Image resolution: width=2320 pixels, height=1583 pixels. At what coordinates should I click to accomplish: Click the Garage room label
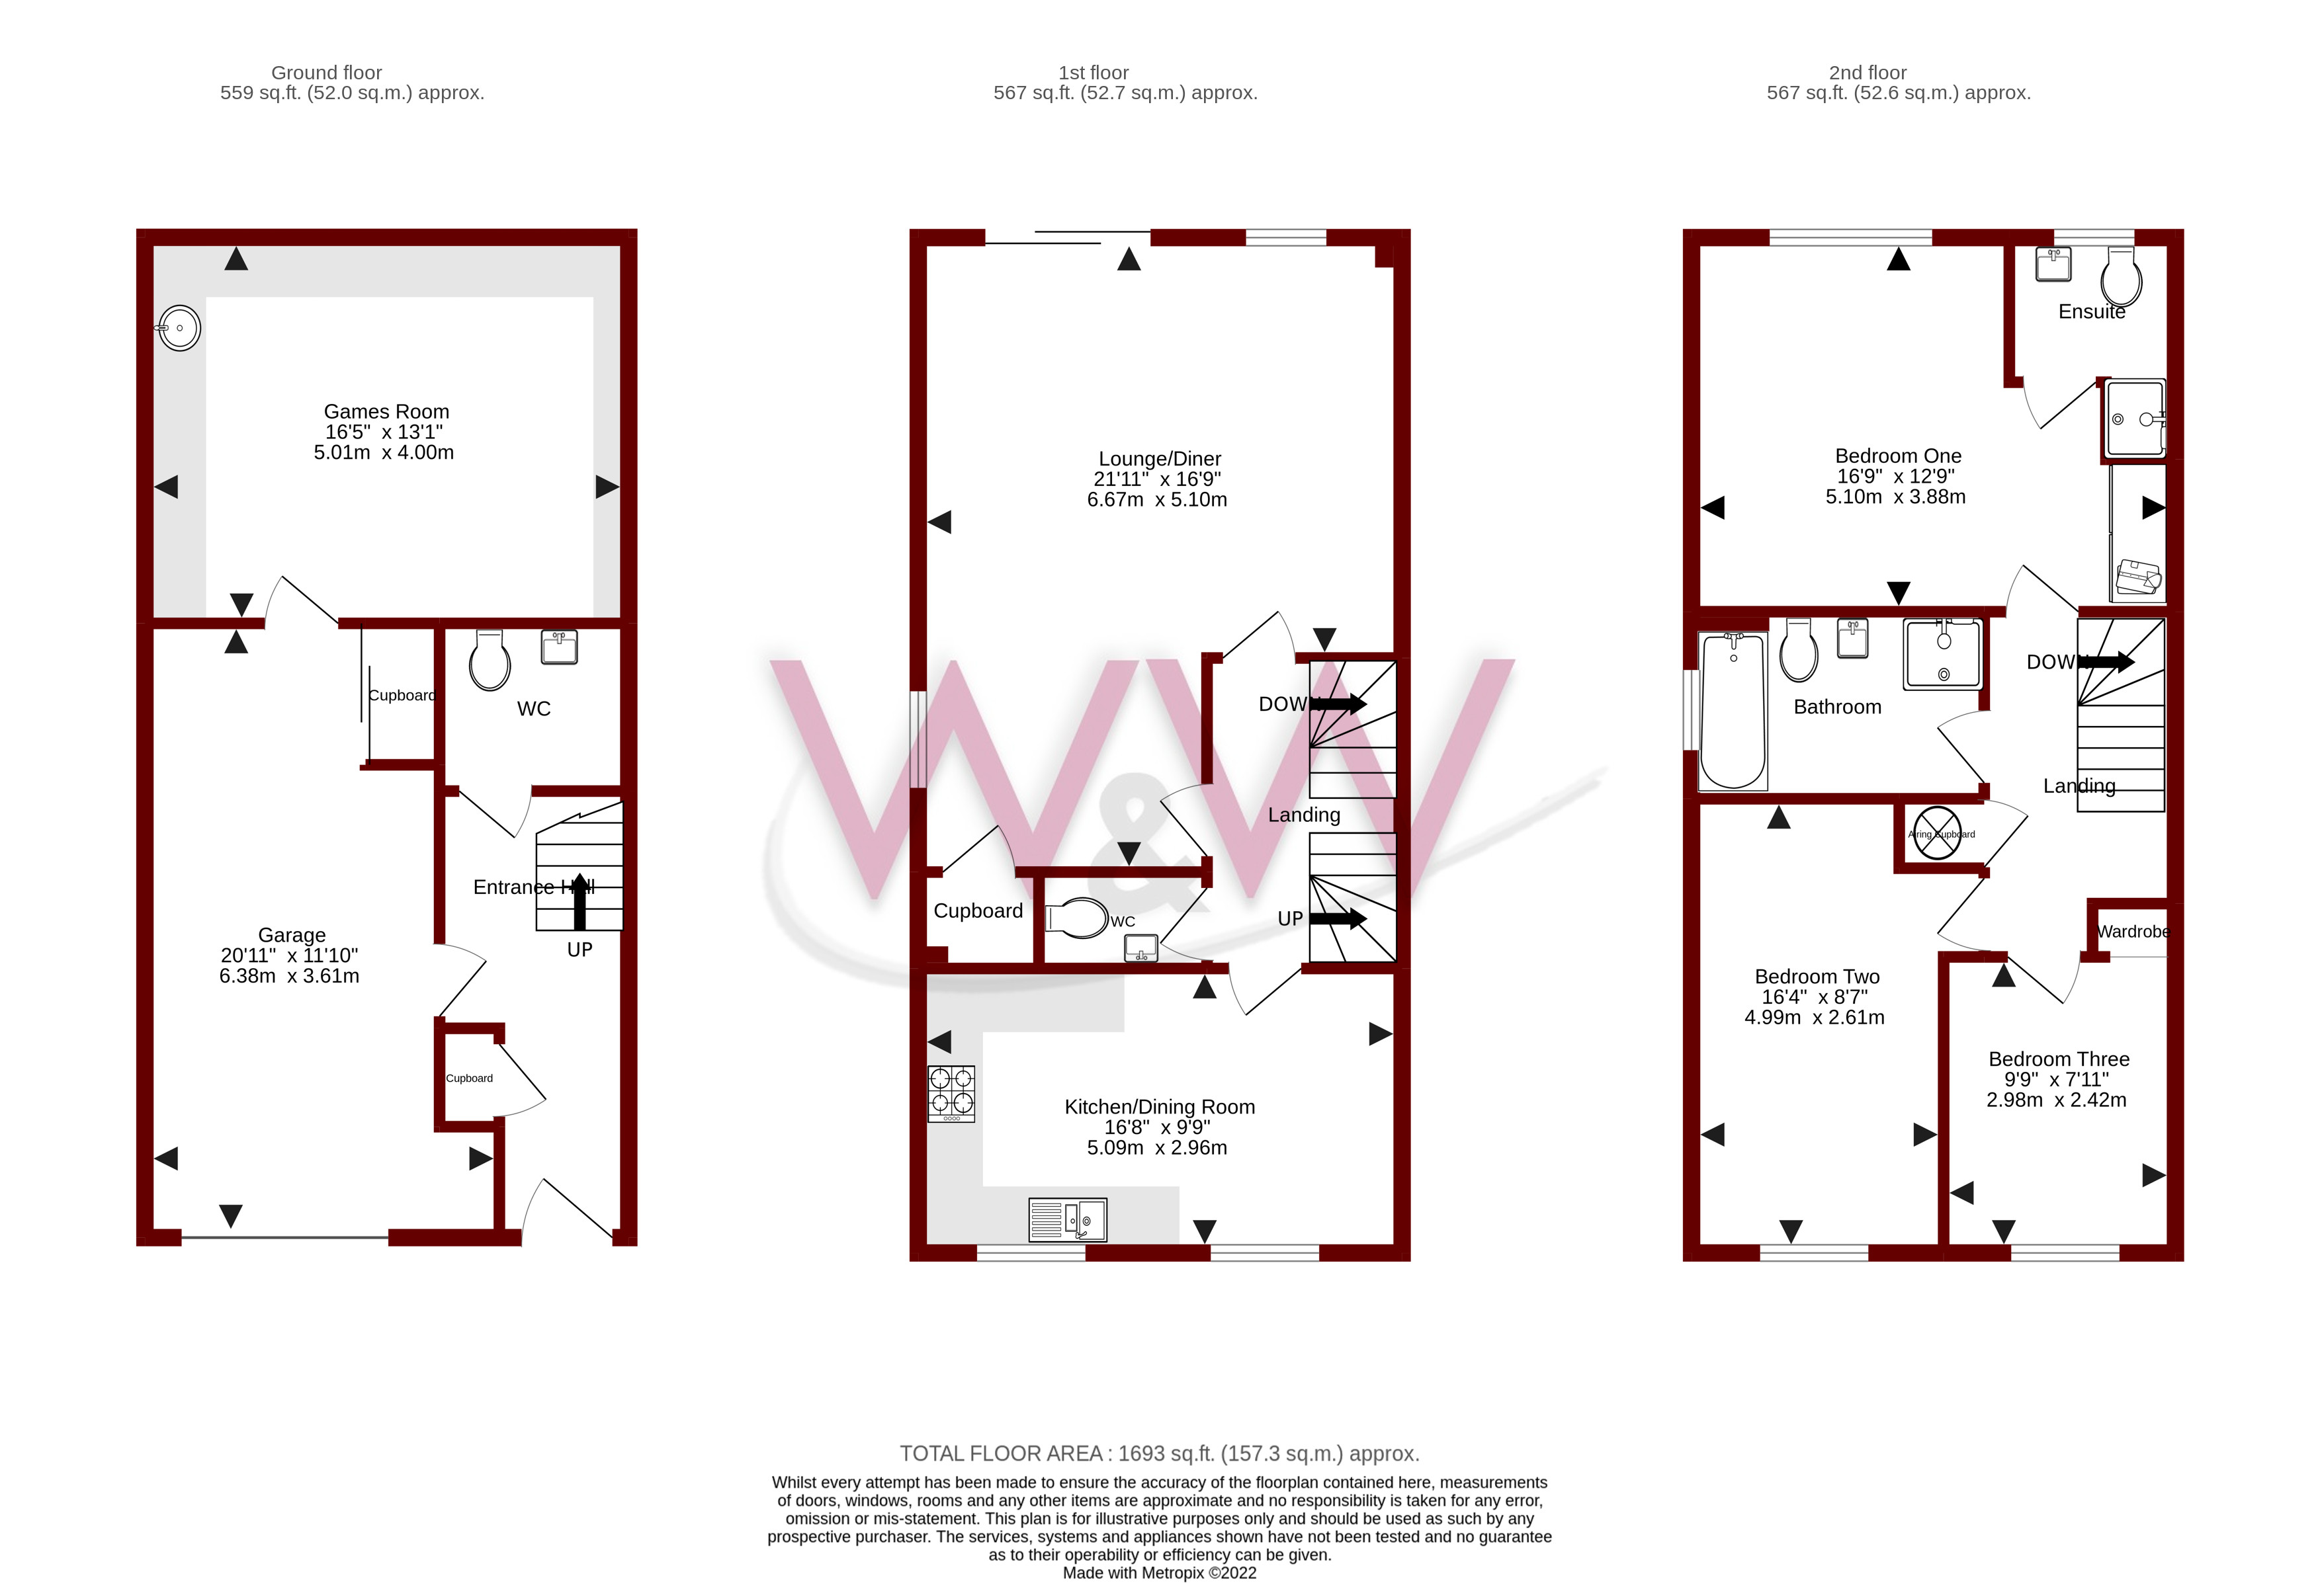pos(292,935)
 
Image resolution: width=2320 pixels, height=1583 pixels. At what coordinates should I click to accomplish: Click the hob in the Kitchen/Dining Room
pos(951,1093)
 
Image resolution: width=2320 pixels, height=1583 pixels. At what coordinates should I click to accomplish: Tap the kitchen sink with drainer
pos(1067,1219)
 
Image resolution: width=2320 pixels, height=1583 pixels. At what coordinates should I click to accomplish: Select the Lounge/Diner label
pos(1159,459)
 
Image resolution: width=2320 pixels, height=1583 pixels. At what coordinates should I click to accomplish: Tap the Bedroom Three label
pos(2059,1059)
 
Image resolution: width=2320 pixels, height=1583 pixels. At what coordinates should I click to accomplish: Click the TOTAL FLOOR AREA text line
pos(1159,1453)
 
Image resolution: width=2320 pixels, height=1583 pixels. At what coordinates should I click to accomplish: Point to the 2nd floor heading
pos(1867,73)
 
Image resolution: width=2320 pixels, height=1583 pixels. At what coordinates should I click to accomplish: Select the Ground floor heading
pos(326,73)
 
